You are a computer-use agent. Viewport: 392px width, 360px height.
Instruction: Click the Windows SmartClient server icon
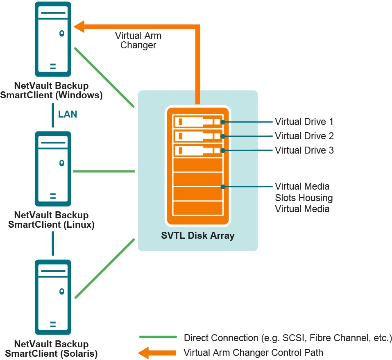point(53,39)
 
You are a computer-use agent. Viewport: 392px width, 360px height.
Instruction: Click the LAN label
point(68,114)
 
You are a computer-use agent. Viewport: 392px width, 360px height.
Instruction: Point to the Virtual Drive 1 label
point(304,122)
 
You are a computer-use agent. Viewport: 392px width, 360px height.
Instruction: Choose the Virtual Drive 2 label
point(304,136)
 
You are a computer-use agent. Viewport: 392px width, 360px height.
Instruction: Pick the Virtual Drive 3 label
point(304,150)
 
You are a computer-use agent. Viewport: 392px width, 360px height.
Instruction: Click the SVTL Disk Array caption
point(197,235)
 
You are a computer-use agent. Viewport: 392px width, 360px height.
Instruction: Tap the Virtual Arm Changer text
point(138,41)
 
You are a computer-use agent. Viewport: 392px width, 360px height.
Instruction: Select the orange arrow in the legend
point(158,352)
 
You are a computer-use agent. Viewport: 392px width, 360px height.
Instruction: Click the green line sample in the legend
point(158,338)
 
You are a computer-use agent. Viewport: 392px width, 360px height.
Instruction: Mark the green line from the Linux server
point(104,171)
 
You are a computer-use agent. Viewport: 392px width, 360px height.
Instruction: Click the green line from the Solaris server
point(105,268)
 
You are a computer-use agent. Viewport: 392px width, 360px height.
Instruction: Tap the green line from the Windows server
point(104,77)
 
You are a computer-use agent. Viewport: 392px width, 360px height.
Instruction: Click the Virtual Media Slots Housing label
point(304,198)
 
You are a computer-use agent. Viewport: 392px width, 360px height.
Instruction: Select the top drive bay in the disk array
point(198,122)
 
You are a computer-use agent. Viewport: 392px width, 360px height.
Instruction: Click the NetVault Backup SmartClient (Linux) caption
point(52,220)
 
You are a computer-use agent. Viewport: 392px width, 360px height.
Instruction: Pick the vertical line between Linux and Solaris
point(52,244)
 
